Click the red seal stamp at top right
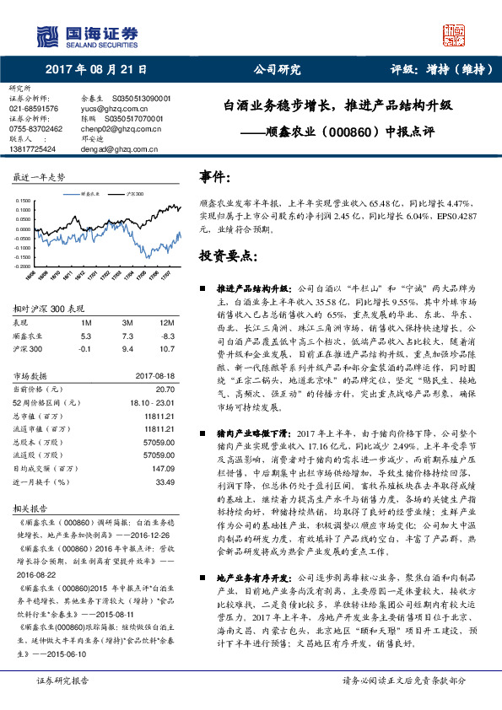coord(455,34)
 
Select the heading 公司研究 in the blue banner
coord(278,71)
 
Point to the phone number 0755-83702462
coord(36,128)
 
